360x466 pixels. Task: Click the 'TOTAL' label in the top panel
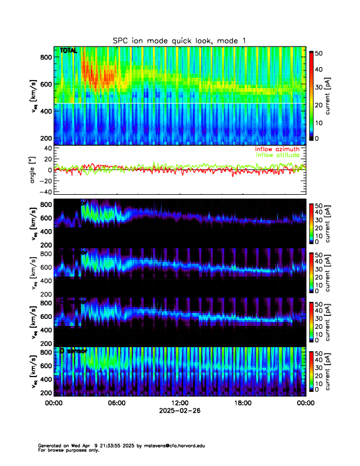69,52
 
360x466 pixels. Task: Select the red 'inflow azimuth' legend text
276,149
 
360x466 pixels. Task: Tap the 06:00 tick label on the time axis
116,403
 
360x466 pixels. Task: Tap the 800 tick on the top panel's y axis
47,57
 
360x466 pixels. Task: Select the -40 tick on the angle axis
45,192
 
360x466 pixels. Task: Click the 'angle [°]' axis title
34,170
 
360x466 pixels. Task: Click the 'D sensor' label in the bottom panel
74,351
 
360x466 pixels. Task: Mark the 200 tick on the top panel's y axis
47,138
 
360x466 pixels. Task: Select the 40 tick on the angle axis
47,148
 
